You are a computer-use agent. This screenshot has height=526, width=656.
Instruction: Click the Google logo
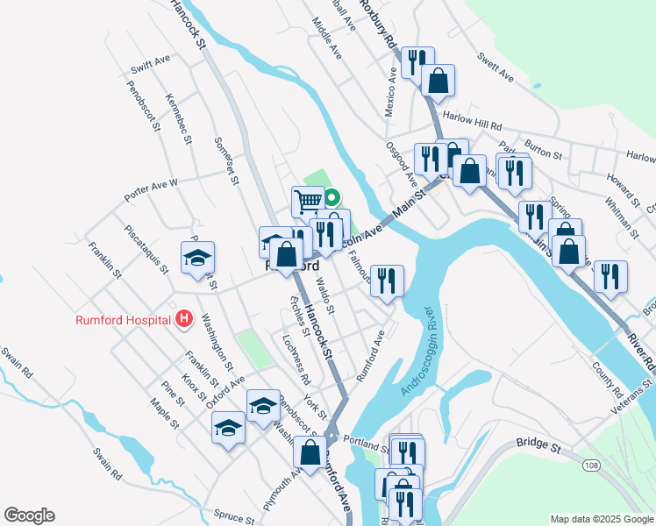29,515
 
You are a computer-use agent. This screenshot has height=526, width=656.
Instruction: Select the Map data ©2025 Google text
602,519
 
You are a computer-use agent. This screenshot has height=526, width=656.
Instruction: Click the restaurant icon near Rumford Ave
387,281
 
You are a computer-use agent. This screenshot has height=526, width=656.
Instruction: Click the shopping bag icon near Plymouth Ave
309,452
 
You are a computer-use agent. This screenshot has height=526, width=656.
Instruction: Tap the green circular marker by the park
332,196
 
